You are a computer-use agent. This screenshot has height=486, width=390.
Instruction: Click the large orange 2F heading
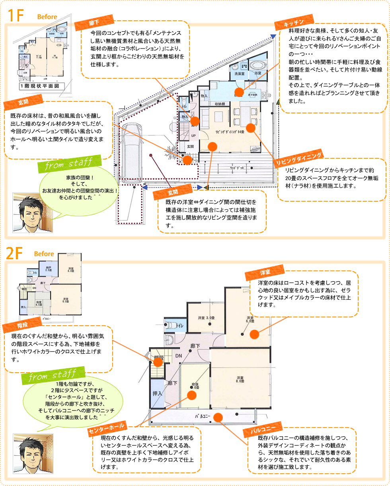coord(16,255)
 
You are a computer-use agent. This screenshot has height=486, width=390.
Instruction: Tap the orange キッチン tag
coord(294,23)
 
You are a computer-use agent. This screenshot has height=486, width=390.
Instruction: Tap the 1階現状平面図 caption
coord(39,86)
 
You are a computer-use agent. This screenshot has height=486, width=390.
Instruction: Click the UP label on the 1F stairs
coord(193,135)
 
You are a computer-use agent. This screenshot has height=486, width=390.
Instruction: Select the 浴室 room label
coord(257,73)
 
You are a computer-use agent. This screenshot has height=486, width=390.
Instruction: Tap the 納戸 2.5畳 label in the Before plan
coord(48,268)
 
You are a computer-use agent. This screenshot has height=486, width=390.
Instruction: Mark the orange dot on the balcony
coord(218,417)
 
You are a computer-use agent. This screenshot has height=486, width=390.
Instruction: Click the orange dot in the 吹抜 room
coord(191,395)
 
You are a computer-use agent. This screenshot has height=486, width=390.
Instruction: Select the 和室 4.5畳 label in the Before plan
coord(39,304)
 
